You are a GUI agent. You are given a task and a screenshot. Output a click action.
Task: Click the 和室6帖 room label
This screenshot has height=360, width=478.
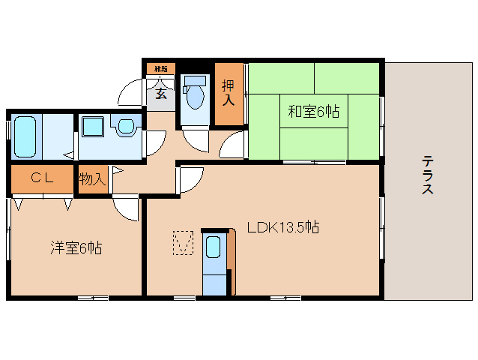click(x=314, y=112)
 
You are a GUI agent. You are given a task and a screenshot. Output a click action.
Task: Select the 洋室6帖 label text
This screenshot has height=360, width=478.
click(x=76, y=247)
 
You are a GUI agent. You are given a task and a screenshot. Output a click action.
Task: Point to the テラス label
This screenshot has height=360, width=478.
click(x=428, y=174)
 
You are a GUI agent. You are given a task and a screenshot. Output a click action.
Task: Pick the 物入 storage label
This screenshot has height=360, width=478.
click(x=93, y=180)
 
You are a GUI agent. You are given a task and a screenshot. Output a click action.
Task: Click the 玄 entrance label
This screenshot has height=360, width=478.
click(x=161, y=94)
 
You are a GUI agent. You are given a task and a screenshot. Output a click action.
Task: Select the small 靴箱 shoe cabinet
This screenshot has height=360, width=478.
click(x=160, y=69)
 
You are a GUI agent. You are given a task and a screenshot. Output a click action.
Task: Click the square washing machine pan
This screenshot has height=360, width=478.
click(x=94, y=126)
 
